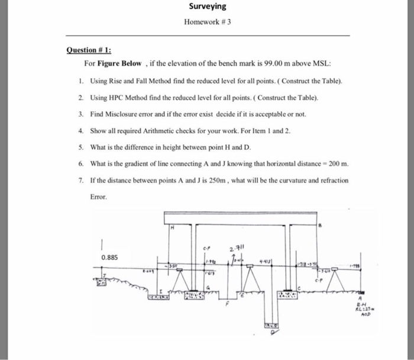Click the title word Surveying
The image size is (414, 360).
pos(207,7)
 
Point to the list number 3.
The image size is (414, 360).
pos(79,112)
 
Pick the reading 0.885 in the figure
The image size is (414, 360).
pos(109,258)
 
